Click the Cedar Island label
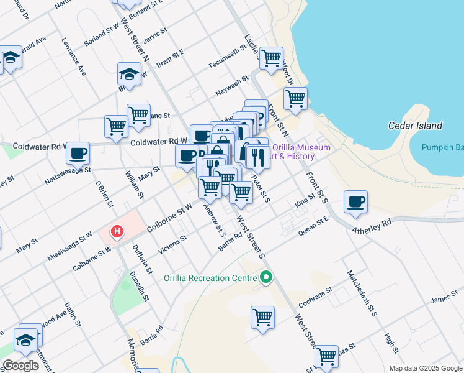pos(415,126)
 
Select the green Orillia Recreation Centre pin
pos(267,277)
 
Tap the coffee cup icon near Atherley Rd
pos(355,203)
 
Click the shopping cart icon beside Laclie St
pos(271,58)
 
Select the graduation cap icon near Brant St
pos(129,74)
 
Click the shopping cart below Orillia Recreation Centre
pos(262,317)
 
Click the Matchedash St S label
pos(362,293)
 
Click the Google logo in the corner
pos(21,365)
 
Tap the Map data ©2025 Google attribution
pos(425,368)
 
